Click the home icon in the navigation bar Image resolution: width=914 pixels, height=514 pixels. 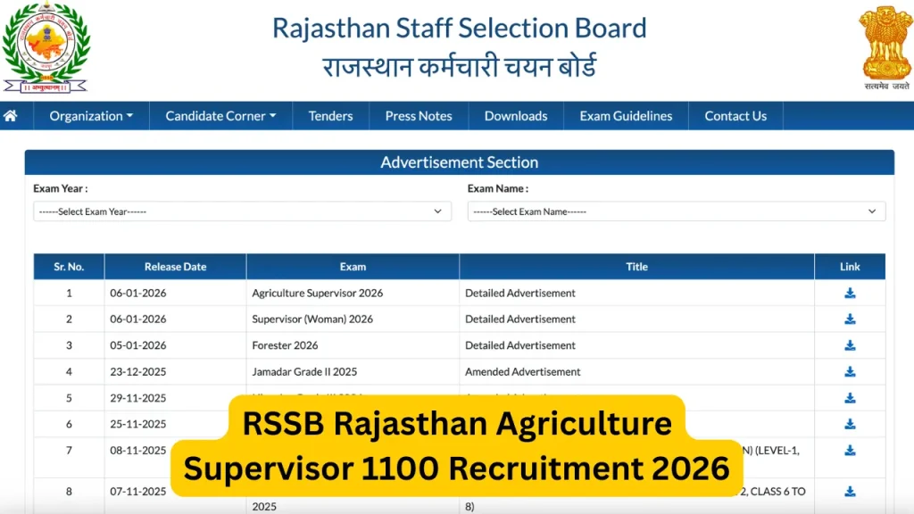(x=11, y=116)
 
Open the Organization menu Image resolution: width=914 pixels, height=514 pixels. (x=91, y=116)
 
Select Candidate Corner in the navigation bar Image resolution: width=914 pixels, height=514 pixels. (x=220, y=116)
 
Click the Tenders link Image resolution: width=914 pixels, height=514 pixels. (x=330, y=116)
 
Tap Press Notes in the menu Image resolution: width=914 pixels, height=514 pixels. (x=419, y=116)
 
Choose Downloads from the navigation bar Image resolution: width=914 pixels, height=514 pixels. (x=516, y=116)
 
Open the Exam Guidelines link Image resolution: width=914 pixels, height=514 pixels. (x=626, y=116)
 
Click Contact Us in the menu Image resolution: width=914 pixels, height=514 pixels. (x=735, y=116)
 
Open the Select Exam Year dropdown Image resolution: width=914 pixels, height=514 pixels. (x=242, y=211)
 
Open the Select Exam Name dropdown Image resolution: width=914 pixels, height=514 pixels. (x=676, y=211)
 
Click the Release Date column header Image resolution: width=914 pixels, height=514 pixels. (x=175, y=267)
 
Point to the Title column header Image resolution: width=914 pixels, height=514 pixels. (x=636, y=267)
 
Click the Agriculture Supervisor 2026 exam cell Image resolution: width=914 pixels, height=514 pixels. (x=317, y=293)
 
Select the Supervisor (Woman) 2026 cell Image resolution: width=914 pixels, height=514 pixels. (x=312, y=319)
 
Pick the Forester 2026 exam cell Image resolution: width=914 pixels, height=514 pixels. (x=285, y=345)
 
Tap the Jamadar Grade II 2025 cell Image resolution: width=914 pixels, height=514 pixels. (x=304, y=372)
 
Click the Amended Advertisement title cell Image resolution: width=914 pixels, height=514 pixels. (x=522, y=372)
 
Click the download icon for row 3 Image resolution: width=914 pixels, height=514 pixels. (x=850, y=345)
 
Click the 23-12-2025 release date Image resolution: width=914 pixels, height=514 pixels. (x=138, y=372)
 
